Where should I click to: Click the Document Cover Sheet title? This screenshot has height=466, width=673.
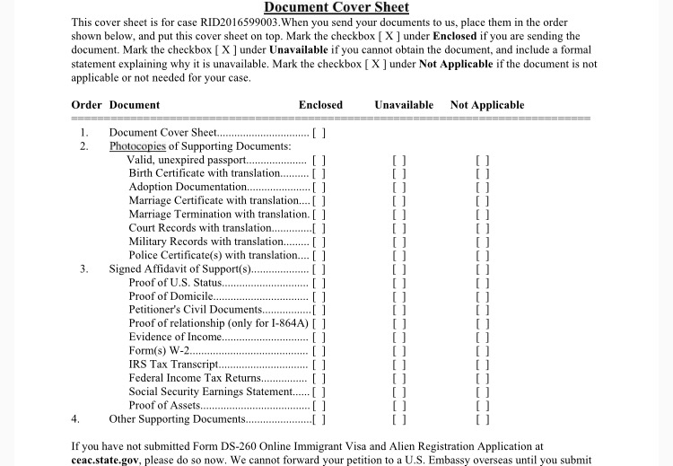click(x=336, y=8)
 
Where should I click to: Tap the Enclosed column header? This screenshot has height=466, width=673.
click(x=320, y=105)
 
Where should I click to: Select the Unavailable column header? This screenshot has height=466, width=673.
click(x=404, y=105)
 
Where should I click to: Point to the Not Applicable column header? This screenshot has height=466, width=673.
click(x=487, y=105)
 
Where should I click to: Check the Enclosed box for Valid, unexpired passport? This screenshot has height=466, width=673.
click(x=319, y=160)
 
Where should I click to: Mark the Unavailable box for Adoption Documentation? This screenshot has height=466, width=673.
click(x=400, y=187)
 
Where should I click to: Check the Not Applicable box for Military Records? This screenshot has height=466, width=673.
click(x=483, y=242)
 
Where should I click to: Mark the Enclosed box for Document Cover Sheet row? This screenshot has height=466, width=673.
click(x=319, y=133)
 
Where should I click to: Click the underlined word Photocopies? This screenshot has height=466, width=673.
click(x=137, y=146)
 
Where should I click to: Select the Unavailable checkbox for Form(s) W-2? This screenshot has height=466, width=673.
click(x=400, y=351)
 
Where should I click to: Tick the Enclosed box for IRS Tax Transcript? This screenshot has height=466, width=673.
click(x=319, y=365)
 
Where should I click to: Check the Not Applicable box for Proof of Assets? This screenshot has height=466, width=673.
click(x=483, y=405)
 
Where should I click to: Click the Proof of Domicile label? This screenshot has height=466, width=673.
click(x=170, y=296)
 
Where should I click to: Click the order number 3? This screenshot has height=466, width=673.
click(x=83, y=268)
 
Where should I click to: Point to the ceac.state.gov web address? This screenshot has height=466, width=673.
click(x=106, y=459)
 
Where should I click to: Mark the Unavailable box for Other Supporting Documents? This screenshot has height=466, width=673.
click(x=400, y=418)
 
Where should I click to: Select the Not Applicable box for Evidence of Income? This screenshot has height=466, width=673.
click(x=483, y=337)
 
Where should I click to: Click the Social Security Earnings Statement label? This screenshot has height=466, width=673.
click(x=211, y=391)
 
